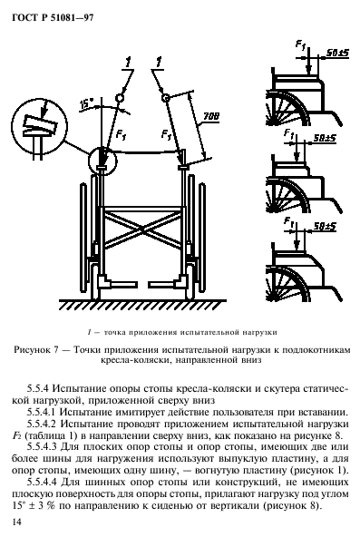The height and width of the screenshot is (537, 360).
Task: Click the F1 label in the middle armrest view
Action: (x=288, y=133)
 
